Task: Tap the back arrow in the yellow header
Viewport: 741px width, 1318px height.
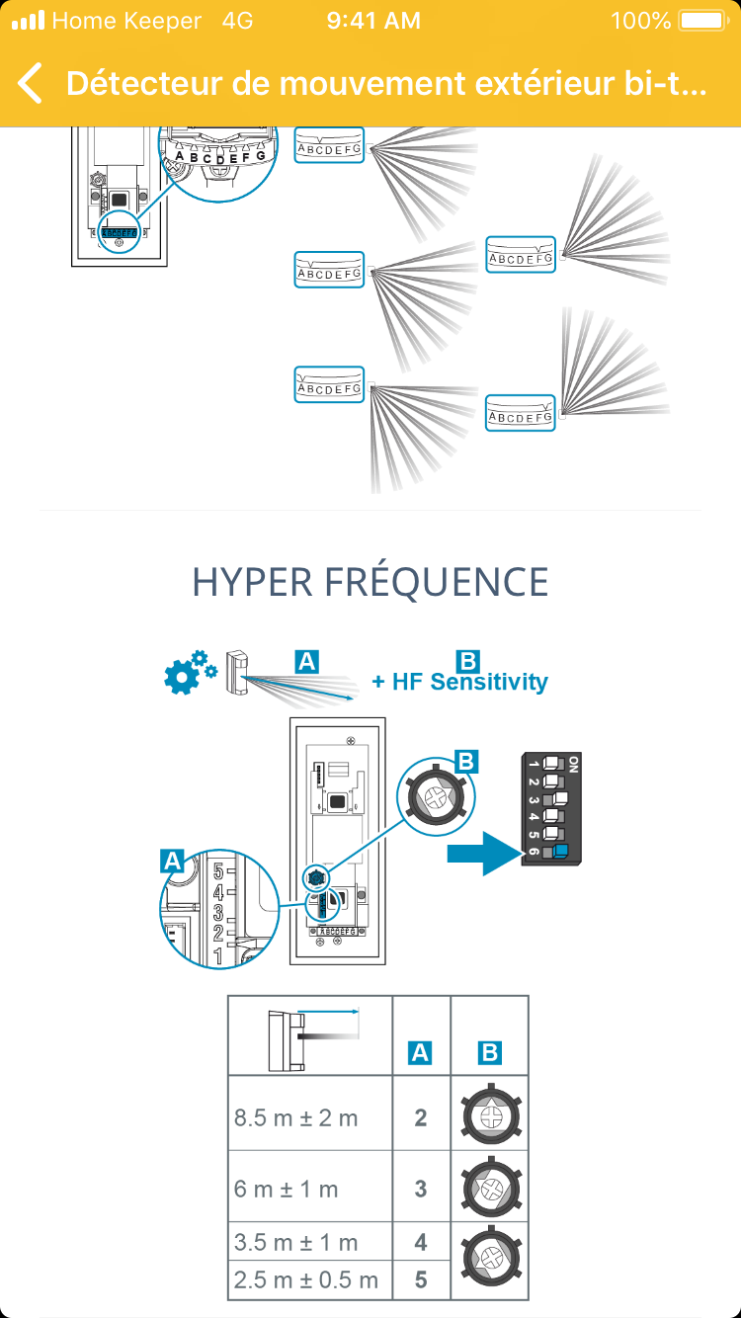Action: point(31,83)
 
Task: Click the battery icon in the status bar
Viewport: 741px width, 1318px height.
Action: point(702,21)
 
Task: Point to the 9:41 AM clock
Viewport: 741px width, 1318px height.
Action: point(373,21)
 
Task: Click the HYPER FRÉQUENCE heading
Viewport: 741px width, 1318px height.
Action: point(370,582)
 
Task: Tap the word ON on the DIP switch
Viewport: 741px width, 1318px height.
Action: point(574,764)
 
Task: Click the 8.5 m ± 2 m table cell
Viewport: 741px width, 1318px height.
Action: point(296,1117)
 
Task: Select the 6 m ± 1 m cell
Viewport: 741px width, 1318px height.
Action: point(287,1189)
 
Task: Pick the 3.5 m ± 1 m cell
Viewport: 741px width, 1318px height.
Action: point(296,1243)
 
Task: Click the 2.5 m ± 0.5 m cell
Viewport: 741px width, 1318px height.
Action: point(306,1280)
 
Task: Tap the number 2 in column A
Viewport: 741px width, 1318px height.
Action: point(421,1117)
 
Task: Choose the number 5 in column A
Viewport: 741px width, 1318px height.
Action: point(421,1280)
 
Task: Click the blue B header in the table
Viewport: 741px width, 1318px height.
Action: point(489,1053)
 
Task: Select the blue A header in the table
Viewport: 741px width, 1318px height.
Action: point(421,1053)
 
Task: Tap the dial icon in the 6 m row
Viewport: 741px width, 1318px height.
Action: point(490,1188)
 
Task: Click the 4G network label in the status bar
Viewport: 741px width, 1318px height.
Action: point(238,21)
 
